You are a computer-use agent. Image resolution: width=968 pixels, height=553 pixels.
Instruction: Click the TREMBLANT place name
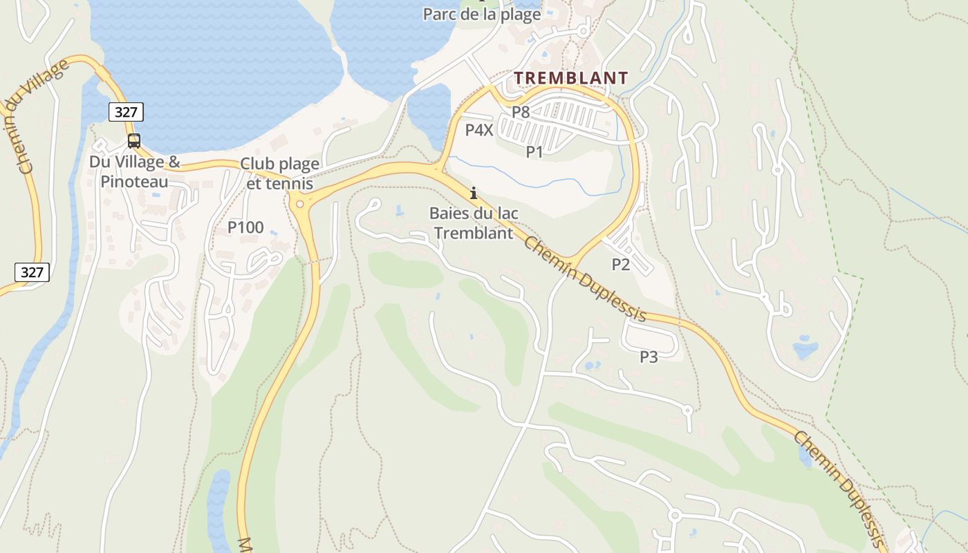tap(571, 78)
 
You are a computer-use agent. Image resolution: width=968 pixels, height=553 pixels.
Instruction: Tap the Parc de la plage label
tap(481, 15)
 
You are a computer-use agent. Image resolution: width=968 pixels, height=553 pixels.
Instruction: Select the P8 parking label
tap(521, 111)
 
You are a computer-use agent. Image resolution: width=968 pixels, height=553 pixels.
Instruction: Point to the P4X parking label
tap(479, 129)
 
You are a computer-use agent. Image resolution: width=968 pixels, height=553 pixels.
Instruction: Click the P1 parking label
tap(534, 152)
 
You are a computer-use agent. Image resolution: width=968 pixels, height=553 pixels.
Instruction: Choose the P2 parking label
tap(621, 264)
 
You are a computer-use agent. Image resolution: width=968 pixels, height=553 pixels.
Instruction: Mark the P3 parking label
tap(649, 357)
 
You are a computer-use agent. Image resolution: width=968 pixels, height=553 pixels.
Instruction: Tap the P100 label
tap(245, 227)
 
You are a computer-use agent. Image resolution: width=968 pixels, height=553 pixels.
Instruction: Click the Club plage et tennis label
tap(279, 174)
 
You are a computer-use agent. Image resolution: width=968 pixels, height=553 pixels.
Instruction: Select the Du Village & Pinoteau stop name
tap(134, 171)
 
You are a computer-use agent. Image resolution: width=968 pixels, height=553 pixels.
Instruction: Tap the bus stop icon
tap(134, 141)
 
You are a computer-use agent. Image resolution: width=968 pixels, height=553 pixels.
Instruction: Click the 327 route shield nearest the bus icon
tap(125, 112)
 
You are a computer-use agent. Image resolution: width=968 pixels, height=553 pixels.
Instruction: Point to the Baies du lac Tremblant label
tap(474, 223)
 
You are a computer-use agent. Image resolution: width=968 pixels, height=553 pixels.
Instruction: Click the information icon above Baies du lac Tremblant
tap(474, 193)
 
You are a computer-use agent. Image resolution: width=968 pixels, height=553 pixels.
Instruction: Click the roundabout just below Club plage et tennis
tap(299, 204)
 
